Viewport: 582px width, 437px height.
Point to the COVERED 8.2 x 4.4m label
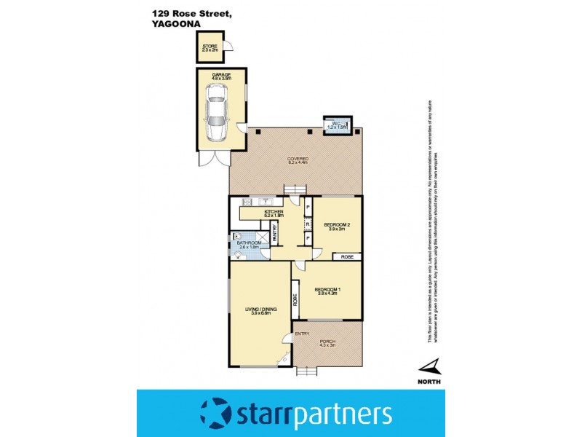click(298, 160)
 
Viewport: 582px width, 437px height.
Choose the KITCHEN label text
click(263, 213)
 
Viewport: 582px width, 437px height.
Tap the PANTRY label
click(275, 232)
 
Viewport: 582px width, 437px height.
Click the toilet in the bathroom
click(237, 236)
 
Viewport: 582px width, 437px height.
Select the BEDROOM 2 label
click(337, 226)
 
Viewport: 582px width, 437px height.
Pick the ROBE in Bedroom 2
click(347, 256)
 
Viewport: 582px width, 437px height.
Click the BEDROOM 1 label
click(327, 292)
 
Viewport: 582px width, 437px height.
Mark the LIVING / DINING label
click(259, 311)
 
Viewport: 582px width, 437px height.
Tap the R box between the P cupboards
click(308, 223)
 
